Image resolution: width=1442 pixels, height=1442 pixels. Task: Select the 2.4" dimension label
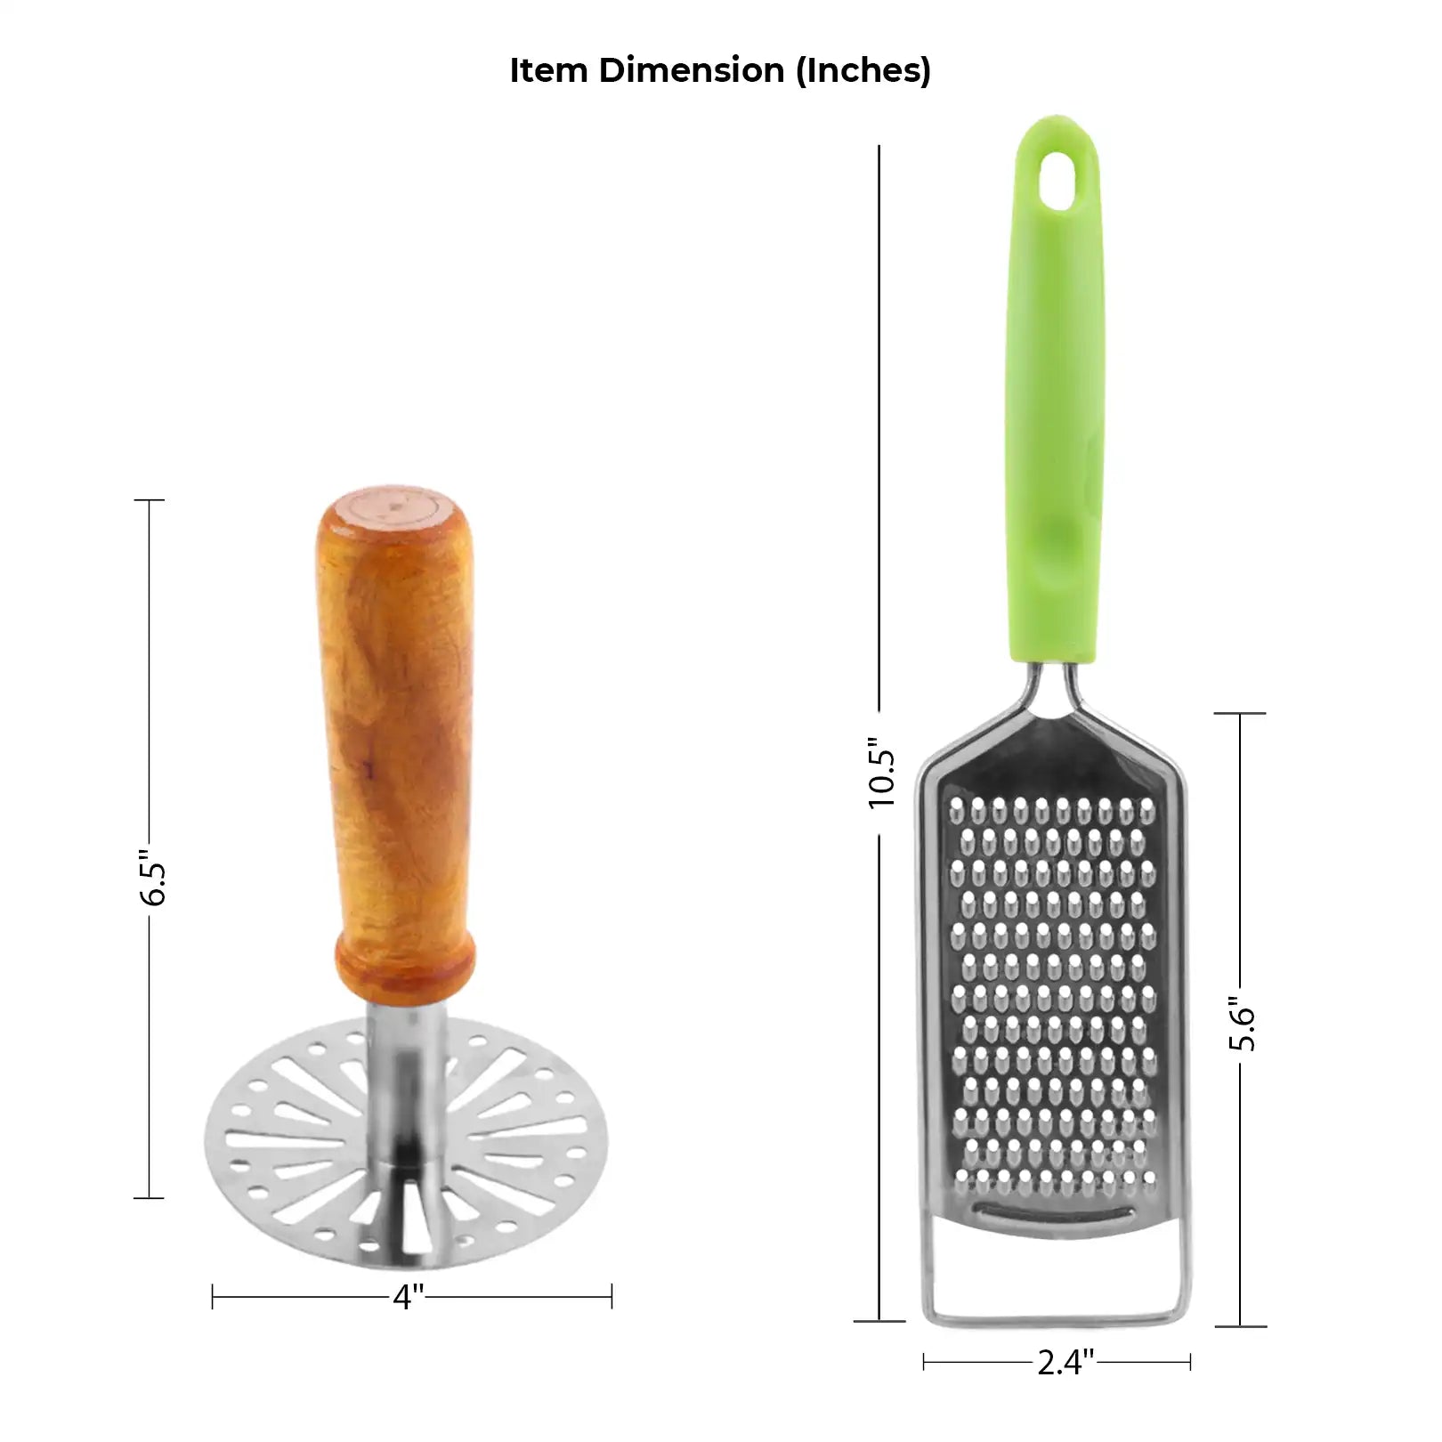click(1065, 1361)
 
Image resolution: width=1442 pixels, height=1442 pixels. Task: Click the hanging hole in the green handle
click(1056, 179)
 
